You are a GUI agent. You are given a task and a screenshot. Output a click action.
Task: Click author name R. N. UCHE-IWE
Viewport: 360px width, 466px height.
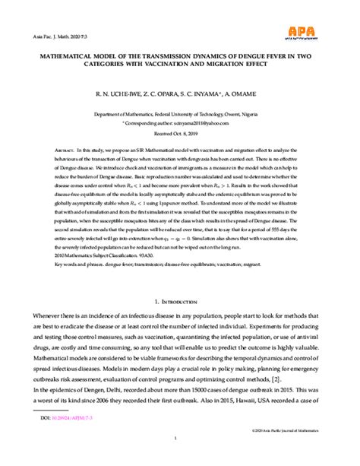pyautogui.click(x=118, y=94)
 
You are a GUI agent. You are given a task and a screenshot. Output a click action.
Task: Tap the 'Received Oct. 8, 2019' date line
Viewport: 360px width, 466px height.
pyautogui.click(x=179, y=130)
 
